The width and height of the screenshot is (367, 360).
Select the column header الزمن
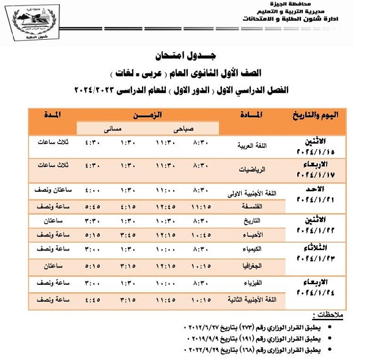[149, 115]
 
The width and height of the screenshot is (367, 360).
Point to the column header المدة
[53, 115]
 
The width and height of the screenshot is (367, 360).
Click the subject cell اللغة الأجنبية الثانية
[248, 301]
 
